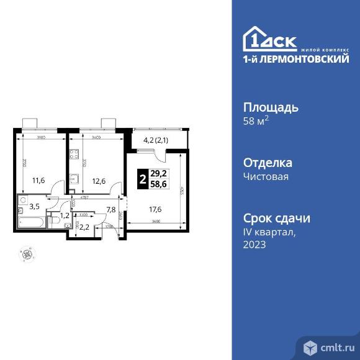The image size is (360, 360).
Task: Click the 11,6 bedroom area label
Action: click(39, 181)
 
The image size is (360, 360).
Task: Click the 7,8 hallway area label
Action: click(111, 209)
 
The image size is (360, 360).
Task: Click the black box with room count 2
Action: click(143, 180)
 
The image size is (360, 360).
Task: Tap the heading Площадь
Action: click(270, 107)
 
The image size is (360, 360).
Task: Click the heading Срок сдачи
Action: click(276, 218)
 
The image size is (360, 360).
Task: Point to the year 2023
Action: click(255, 245)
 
